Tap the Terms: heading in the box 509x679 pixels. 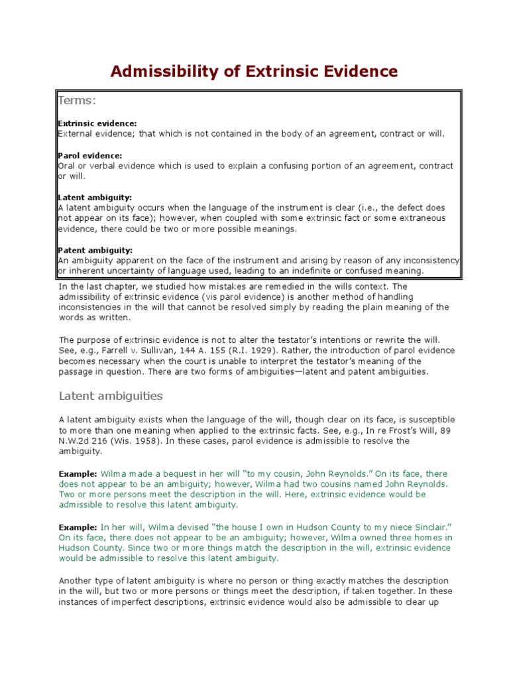78,100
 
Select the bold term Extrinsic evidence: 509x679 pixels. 97,123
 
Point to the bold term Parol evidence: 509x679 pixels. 90,155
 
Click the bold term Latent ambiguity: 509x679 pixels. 95,198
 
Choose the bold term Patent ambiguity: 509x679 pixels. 95,250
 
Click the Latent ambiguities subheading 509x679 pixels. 111,396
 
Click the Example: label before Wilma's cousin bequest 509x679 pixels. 78,474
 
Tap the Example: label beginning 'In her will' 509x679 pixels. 78,526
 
